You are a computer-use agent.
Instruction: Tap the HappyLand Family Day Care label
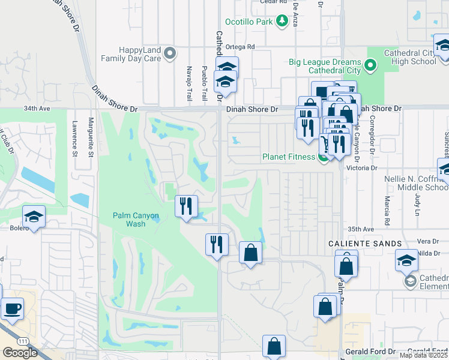coord(131,54)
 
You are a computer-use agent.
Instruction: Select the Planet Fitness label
coord(288,157)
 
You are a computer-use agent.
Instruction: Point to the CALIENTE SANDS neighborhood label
coord(364,243)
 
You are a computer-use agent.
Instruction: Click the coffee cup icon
coord(13,309)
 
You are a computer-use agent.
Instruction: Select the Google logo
coord(20,352)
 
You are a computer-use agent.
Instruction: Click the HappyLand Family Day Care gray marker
coord(170,54)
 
